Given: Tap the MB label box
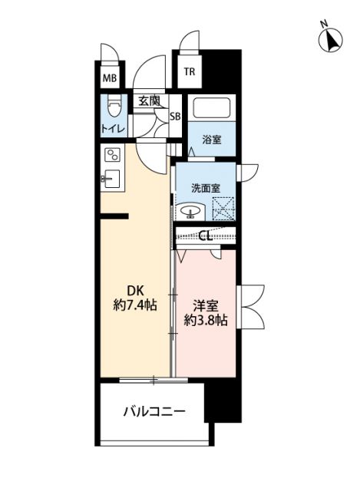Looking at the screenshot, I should pos(109,77).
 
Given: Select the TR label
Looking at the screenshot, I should pos(189,74).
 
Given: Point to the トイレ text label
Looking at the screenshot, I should pos(114,128).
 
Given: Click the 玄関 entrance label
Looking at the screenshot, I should pos(150,100).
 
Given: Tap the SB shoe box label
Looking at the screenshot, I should pos(175,116).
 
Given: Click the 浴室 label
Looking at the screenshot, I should pos(212,140).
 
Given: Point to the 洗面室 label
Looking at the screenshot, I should pos(205,186).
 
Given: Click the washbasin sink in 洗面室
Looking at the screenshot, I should pos(189,211).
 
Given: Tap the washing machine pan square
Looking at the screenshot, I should pos(223,209).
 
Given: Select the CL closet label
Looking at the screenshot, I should pos(205,236).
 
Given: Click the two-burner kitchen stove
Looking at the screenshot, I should pos(113,156).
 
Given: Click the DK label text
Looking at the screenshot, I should pos(135,291).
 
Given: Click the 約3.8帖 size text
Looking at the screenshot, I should pos(205,320).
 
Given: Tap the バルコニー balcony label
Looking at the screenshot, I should pos(154,412).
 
